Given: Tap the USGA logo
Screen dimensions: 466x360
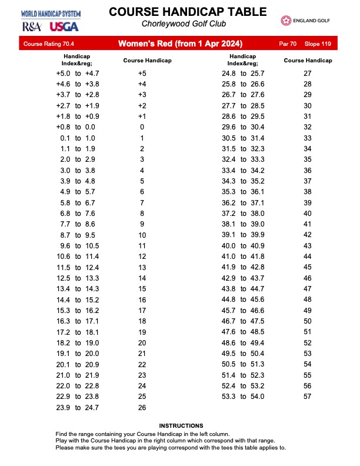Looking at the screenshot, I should click(62, 26).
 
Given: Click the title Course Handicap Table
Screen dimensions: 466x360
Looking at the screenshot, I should click(179, 12).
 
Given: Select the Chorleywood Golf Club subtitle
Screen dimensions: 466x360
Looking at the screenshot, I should click(179, 24).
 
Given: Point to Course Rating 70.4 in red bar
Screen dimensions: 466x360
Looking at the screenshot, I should click(45, 44).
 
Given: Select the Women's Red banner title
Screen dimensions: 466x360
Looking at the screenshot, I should click(179, 44).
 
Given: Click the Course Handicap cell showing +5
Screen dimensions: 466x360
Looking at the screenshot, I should click(142, 74).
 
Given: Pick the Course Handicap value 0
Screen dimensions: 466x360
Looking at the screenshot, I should click(142, 127).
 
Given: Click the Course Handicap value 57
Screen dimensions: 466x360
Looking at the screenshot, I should click(307, 397).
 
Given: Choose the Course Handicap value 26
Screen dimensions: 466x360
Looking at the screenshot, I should click(142, 407).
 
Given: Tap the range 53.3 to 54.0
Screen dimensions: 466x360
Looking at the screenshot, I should click(243, 397).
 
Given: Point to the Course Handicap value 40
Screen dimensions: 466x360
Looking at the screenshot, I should click(307, 213).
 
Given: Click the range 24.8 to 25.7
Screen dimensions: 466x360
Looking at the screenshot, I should click(243, 74).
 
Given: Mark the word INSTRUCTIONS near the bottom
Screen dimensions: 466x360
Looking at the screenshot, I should click(181, 425).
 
